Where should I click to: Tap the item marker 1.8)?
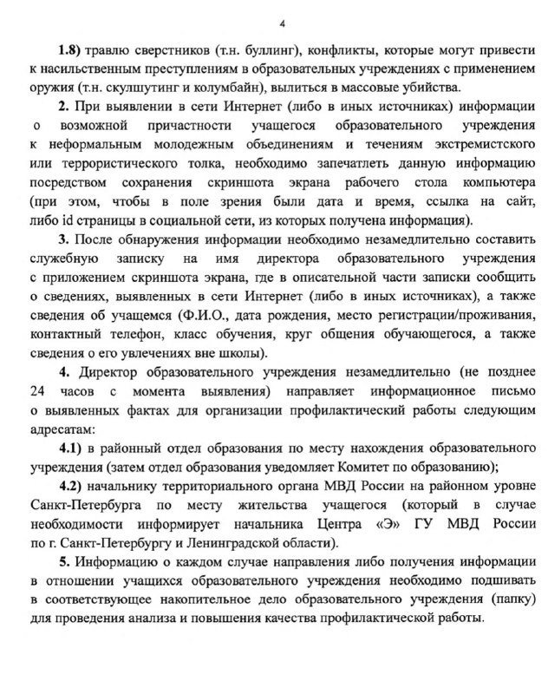(x=71, y=50)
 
